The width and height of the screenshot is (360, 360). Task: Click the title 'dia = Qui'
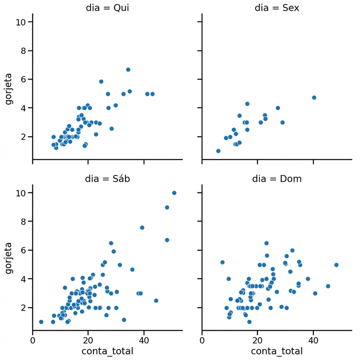[107, 8]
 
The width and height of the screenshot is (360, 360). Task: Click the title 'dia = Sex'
[277, 8]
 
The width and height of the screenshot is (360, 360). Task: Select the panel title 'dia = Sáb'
[107, 179]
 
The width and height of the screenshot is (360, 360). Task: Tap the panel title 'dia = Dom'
[277, 179]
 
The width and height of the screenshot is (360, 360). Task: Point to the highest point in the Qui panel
[128, 70]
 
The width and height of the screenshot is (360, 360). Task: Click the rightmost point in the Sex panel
[314, 97]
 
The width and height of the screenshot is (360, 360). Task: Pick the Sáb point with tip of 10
[174, 193]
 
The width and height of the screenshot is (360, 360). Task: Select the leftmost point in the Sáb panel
[41, 322]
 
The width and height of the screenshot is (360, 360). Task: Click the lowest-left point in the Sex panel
[218, 151]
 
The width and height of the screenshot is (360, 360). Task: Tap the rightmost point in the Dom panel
[336, 265]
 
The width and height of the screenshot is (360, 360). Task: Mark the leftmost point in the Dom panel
[222, 262]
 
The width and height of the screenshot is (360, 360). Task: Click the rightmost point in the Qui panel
[152, 94]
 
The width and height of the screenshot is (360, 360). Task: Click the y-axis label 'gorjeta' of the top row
[8, 89]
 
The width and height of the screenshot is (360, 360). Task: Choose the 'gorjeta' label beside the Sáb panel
[8, 259]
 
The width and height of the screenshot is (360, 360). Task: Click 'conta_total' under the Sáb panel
[107, 351]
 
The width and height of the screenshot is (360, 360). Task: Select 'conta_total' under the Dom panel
[277, 351]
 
